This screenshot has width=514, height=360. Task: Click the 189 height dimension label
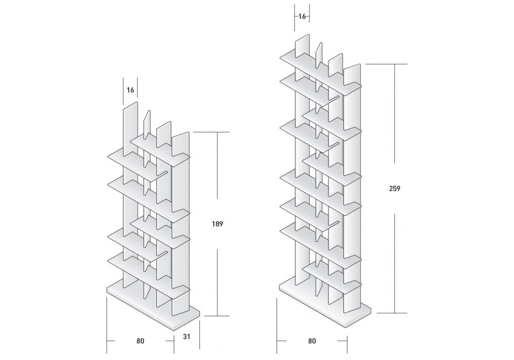click(x=217, y=224)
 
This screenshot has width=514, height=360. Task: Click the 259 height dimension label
click(x=395, y=189)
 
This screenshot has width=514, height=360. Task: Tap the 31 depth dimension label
click(x=187, y=336)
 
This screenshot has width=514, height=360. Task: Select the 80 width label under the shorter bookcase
click(x=140, y=341)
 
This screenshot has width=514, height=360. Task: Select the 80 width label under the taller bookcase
click(x=312, y=341)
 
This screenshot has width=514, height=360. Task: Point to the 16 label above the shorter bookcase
click(x=131, y=90)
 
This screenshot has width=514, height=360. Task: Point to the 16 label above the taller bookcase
click(x=302, y=16)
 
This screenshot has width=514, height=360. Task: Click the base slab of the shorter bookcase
click(x=153, y=305)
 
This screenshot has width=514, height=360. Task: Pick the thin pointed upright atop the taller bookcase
click(x=319, y=55)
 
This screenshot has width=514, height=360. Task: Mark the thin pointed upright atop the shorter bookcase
click(x=147, y=123)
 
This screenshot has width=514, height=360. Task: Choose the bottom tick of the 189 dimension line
click(x=217, y=316)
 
